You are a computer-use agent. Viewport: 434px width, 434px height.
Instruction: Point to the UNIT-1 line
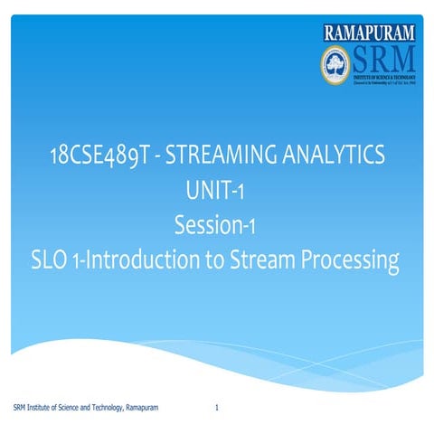click(216, 193)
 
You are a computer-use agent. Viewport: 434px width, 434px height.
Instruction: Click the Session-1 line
click(216, 226)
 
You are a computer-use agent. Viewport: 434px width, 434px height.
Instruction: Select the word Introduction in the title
click(153, 261)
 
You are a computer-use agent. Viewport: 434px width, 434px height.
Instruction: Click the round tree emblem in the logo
click(335, 63)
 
